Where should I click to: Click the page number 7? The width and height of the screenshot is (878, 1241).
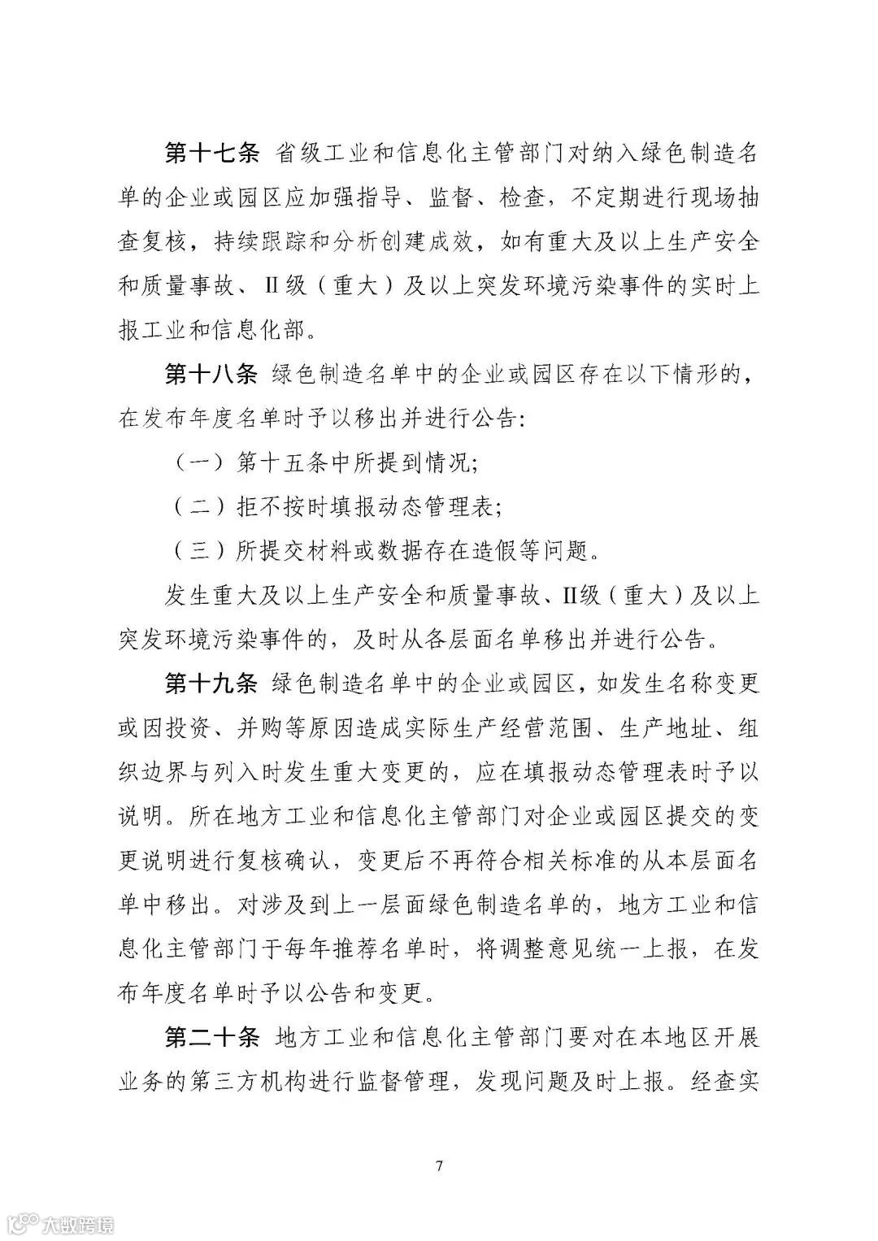[439, 1165]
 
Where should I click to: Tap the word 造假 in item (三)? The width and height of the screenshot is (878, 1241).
[488, 551]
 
